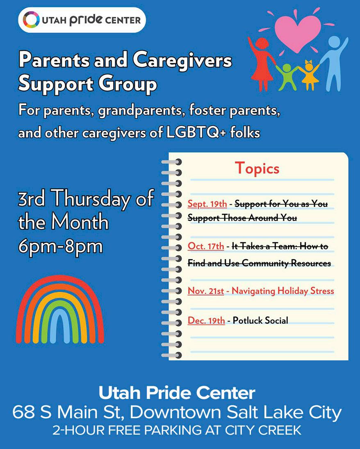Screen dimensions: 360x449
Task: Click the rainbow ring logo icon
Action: coord(31,20)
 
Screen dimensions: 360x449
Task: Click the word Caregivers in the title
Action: coord(182,61)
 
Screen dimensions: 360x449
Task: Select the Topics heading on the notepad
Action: coord(257,168)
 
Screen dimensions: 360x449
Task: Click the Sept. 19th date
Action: coord(207,204)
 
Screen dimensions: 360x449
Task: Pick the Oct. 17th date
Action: coord(206,246)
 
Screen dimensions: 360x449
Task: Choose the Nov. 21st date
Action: coord(206,291)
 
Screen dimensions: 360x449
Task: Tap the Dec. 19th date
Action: coord(206,321)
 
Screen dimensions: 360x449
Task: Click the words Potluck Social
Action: coord(260,321)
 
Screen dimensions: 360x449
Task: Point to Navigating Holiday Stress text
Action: coord(283,291)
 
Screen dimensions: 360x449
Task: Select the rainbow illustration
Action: coord(60,309)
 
